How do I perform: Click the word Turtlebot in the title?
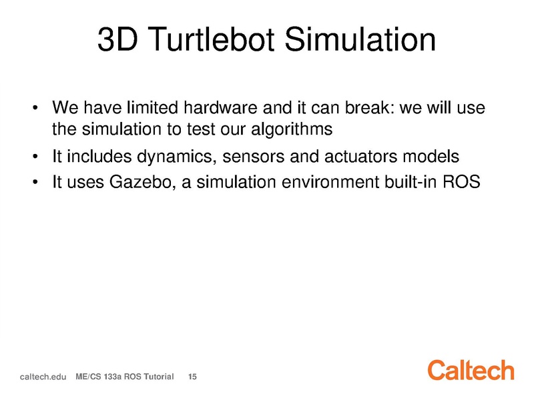pos(211,39)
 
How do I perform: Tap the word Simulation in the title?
pos(360,39)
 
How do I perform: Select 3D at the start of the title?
pos(117,39)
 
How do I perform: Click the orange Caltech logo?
pos(471,370)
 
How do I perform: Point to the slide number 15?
pos(192,377)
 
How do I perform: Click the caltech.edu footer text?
pos(43,377)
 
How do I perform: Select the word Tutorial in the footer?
pos(158,377)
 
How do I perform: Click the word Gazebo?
pos(142,182)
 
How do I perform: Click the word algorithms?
pos(292,129)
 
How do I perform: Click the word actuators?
pos(360,157)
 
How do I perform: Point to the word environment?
pos(330,182)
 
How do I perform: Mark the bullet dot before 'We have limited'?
pos(35,109)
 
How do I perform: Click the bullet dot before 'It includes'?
pos(35,157)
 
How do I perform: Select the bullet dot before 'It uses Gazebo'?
pos(35,182)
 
